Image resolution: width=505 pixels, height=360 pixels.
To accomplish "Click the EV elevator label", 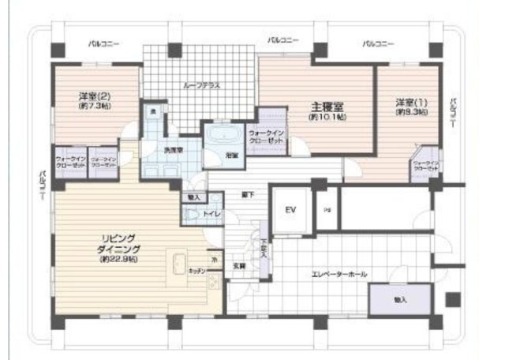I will point(290,211).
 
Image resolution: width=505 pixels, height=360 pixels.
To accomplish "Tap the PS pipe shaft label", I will point(327,212).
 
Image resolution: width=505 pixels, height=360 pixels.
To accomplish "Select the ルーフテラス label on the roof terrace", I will point(201,84).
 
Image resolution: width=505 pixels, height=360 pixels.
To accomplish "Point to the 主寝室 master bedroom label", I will point(327,105).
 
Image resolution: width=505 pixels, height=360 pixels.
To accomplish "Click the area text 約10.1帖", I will point(327,116).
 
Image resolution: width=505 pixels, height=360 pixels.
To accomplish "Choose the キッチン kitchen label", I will point(196,271).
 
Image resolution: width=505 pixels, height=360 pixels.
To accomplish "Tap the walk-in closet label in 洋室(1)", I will point(426,166).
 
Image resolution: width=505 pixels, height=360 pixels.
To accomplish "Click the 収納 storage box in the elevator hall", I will point(399,300).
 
